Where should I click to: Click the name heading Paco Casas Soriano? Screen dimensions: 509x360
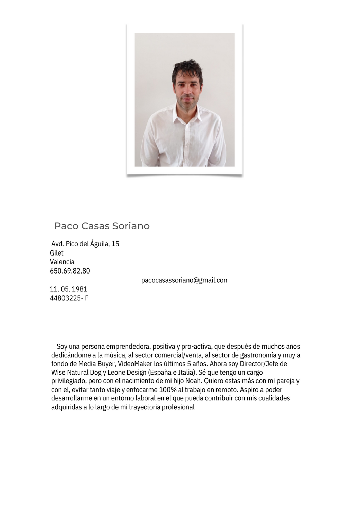click(102, 226)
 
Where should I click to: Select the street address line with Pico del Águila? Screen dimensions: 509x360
click(85, 244)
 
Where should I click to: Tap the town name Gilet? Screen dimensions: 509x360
click(57, 253)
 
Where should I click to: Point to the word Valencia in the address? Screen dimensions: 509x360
click(62, 262)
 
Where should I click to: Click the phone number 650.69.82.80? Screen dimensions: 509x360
click(70, 271)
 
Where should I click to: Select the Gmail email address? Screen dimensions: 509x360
click(184, 280)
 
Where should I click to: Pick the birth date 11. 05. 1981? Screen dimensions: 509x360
click(69, 289)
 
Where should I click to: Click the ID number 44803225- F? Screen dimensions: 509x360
click(69, 298)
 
